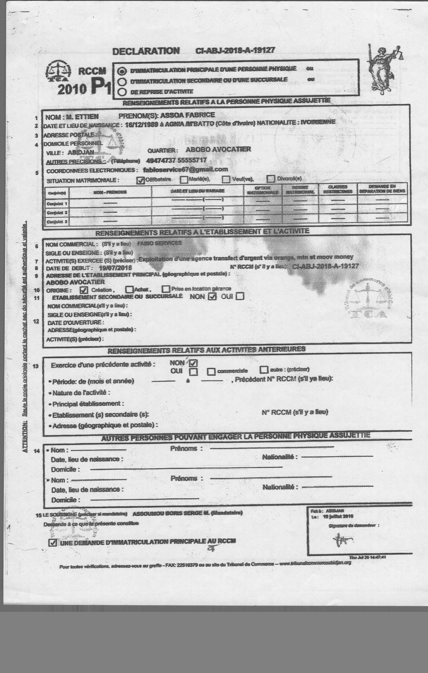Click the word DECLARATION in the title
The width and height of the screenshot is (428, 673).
point(146,51)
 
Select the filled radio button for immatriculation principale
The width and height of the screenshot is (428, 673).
point(122,71)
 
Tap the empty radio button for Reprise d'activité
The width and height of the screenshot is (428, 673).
point(122,92)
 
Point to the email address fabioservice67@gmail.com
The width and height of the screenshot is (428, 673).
point(185,169)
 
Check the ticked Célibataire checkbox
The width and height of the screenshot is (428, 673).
point(140,180)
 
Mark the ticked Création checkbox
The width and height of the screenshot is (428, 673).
point(84,290)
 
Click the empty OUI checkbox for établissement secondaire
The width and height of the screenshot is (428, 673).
point(240,296)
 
